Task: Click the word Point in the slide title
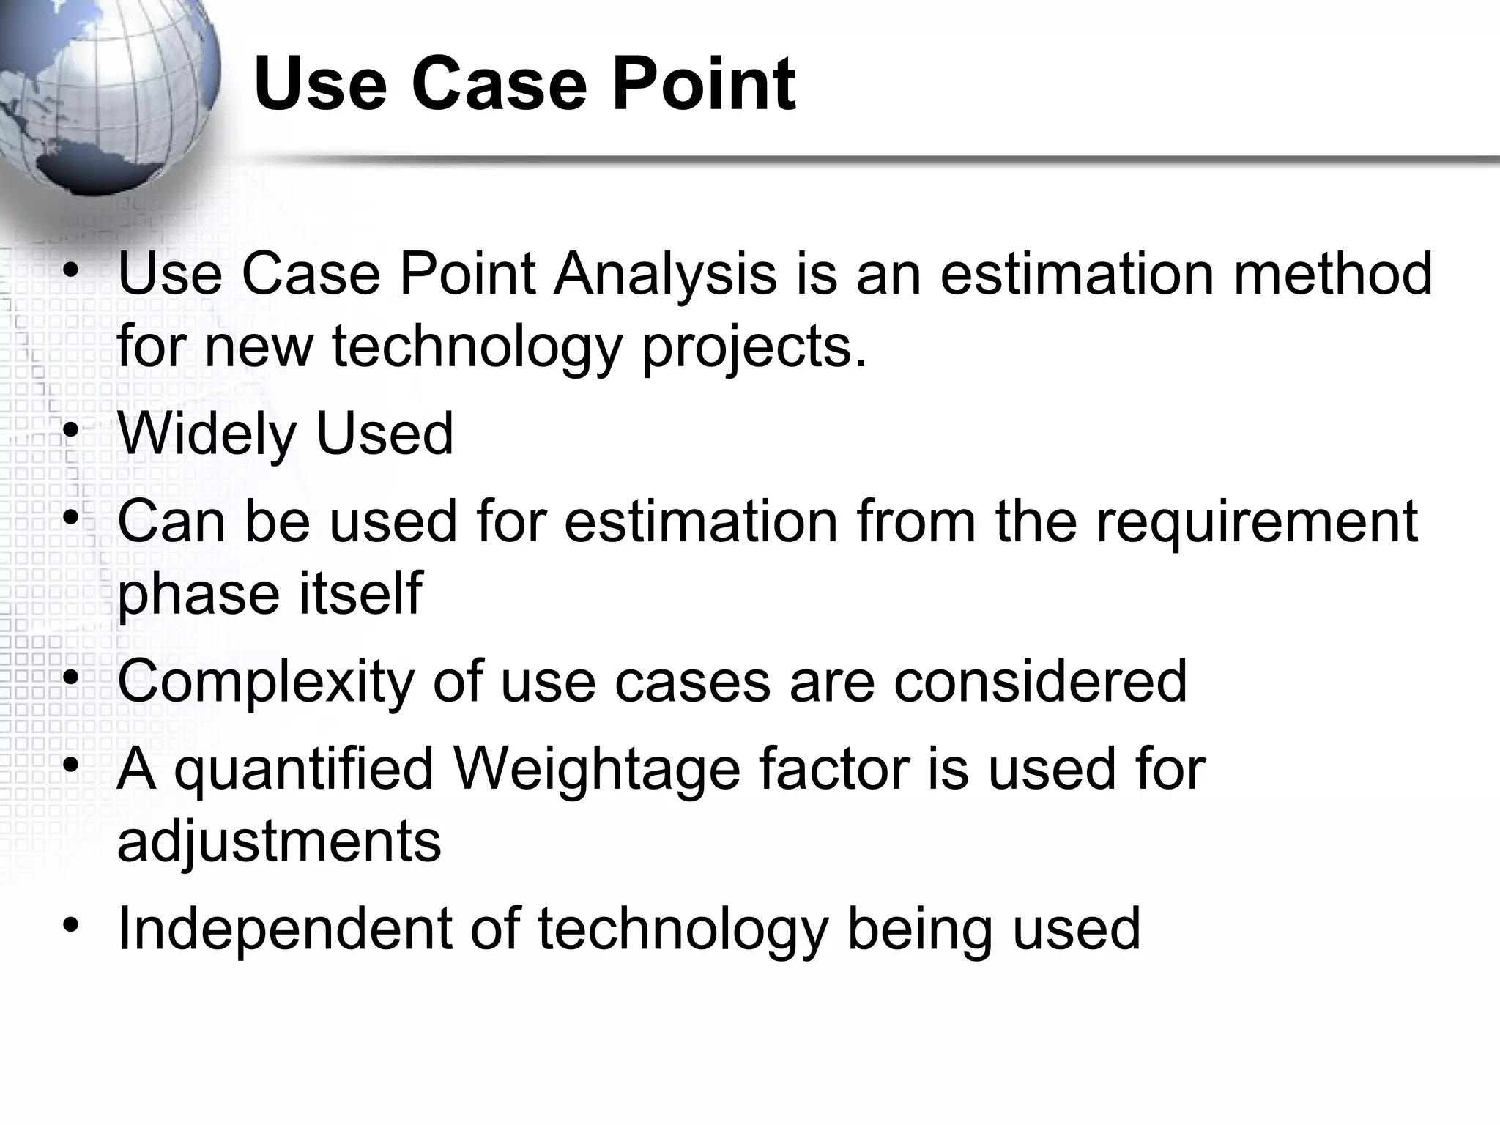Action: pos(703,85)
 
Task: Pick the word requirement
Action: pos(1257,521)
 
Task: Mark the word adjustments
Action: pos(279,842)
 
